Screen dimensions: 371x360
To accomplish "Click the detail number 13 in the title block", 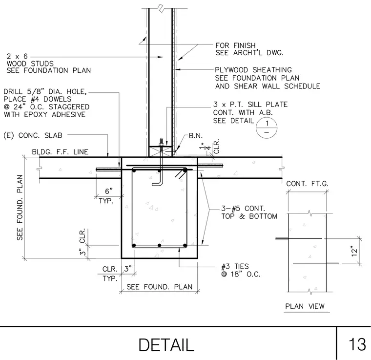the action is pos(357,344).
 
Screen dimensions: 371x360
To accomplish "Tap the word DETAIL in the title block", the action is pos(166,345).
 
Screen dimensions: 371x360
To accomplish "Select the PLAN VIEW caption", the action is pos(305,306).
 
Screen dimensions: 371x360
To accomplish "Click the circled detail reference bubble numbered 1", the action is pos(267,128).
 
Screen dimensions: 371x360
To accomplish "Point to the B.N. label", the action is pos(196,136).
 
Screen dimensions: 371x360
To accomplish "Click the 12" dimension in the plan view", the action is pos(354,251).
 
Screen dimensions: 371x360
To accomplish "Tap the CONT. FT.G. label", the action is pos(307,184).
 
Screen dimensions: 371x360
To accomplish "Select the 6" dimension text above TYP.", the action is pos(108,191).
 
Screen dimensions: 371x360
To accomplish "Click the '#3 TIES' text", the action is pos(235,267).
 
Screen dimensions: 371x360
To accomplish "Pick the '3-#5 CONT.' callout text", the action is pos(243,208).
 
